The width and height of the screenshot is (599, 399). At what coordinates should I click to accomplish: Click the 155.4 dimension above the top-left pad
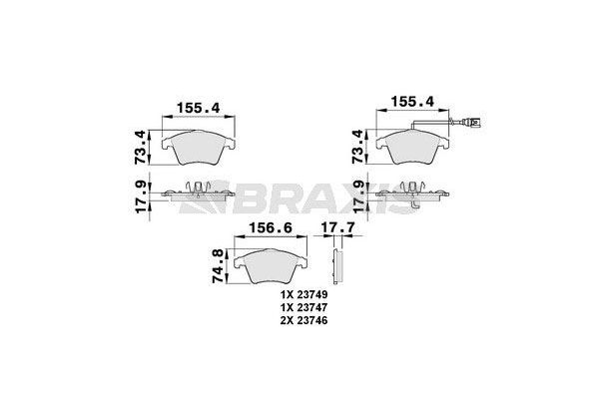click(199, 108)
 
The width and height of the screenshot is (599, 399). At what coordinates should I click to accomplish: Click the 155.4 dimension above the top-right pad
click(412, 102)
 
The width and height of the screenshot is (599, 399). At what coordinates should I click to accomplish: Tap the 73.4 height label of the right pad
click(358, 147)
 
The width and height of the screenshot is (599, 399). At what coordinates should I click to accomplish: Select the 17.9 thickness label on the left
click(142, 198)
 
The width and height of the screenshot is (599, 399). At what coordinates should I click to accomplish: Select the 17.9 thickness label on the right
click(358, 198)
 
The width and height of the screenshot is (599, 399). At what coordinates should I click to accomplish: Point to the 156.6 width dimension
click(271, 228)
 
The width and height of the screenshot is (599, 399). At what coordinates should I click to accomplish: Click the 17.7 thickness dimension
click(337, 227)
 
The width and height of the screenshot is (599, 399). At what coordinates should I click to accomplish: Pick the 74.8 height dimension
click(218, 265)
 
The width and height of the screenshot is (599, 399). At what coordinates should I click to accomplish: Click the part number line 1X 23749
click(304, 295)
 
